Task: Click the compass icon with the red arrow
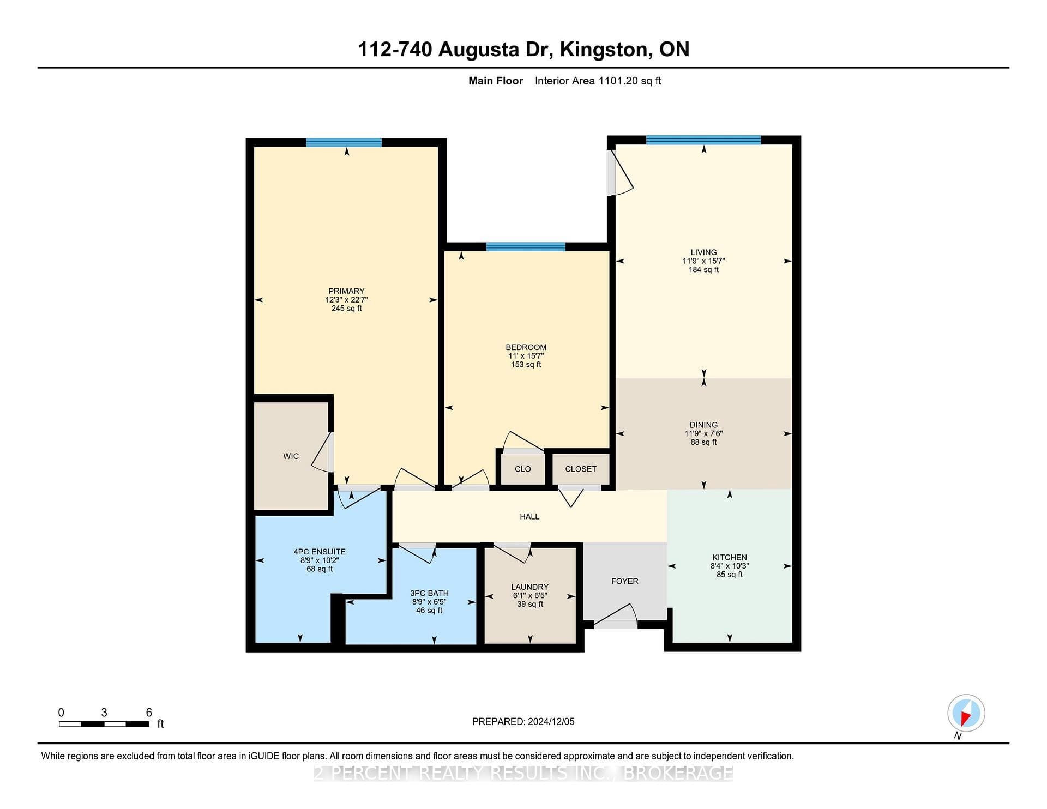(x=966, y=713)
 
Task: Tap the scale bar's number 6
(x=149, y=713)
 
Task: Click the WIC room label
(x=291, y=456)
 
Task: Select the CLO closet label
(x=522, y=469)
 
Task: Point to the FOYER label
(x=624, y=581)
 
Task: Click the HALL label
(x=529, y=516)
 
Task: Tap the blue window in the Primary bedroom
(x=344, y=143)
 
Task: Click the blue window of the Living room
(x=703, y=140)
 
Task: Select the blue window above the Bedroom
(x=526, y=247)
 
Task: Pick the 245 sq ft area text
(x=347, y=309)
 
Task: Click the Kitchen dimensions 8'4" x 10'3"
(x=730, y=566)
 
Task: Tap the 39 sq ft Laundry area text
(x=530, y=604)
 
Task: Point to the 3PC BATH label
(x=430, y=593)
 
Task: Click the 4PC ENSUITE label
(x=320, y=552)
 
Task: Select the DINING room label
(x=703, y=425)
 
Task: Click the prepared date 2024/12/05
(x=551, y=721)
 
